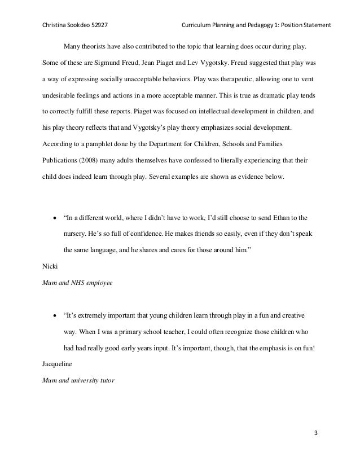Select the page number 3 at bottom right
pos(315,433)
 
